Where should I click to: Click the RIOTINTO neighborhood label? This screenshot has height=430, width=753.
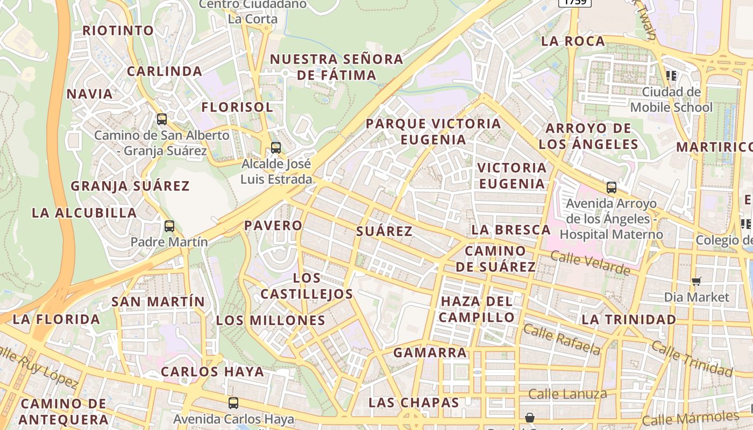pos(118,31)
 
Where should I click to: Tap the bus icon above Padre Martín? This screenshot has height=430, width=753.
pos(169,226)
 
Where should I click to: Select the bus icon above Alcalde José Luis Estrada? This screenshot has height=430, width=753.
pos(276,147)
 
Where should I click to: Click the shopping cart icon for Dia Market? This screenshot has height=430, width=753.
pos(697,281)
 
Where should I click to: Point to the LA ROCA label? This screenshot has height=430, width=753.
pos(573,41)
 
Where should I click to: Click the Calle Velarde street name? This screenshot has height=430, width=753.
pos(590,263)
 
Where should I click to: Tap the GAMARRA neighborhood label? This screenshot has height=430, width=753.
pos(430,353)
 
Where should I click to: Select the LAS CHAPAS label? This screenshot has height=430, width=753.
pos(414,403)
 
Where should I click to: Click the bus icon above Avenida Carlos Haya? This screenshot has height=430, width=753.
pos(233,403)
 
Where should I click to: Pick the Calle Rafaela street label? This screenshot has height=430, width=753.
pos(562,340)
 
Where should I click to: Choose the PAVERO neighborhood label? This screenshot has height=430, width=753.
pos(273,226)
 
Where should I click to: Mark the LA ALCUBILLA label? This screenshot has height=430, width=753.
pos(84,213)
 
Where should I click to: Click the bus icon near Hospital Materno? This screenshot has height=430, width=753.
pos(612,188)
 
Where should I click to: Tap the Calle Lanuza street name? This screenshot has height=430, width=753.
pos(567,394)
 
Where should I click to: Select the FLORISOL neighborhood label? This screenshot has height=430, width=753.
pos(237,107)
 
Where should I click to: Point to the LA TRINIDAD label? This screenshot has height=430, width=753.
pos(629,320)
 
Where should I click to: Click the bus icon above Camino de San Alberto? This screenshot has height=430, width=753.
pos(162,119)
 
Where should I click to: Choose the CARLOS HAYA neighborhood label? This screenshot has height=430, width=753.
pos(212,372)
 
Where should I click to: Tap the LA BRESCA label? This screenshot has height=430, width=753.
pos(511,230)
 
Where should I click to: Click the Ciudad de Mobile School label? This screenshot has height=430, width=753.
pos(671,100)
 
